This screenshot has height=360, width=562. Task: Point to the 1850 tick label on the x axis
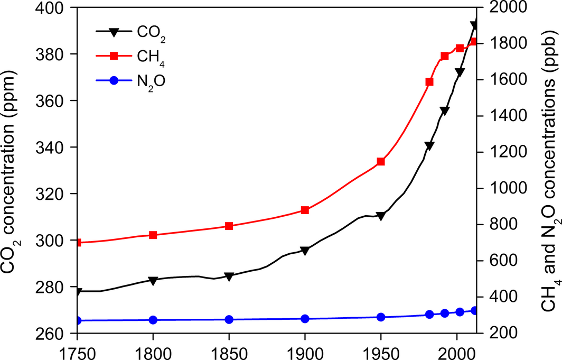[229, 351]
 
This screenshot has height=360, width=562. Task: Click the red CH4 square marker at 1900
[305, 210]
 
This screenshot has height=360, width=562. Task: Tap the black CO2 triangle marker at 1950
[380, 216]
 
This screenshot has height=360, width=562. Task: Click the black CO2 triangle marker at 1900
[305, 251]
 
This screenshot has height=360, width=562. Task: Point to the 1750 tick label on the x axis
[78, 351]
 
